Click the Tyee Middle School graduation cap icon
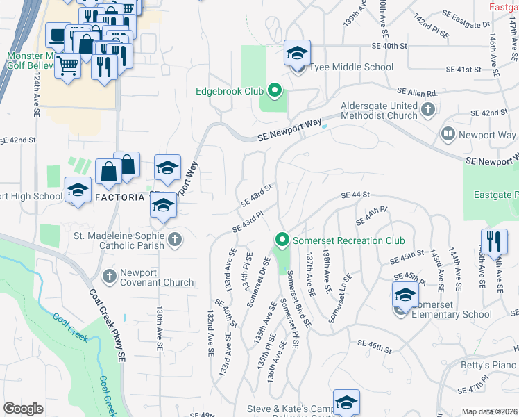point(297,54)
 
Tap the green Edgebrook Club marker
point(274,90)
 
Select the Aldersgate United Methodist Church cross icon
point(428,109)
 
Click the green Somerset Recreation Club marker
point(282,240)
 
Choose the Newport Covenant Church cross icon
point(109,277)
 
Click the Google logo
point(23,409)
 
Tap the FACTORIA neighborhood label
point(119,197)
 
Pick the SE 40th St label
point(389,46)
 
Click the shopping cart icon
point(67,65)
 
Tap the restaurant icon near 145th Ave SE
point(493,241)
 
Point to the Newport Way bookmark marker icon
point(448,133)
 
